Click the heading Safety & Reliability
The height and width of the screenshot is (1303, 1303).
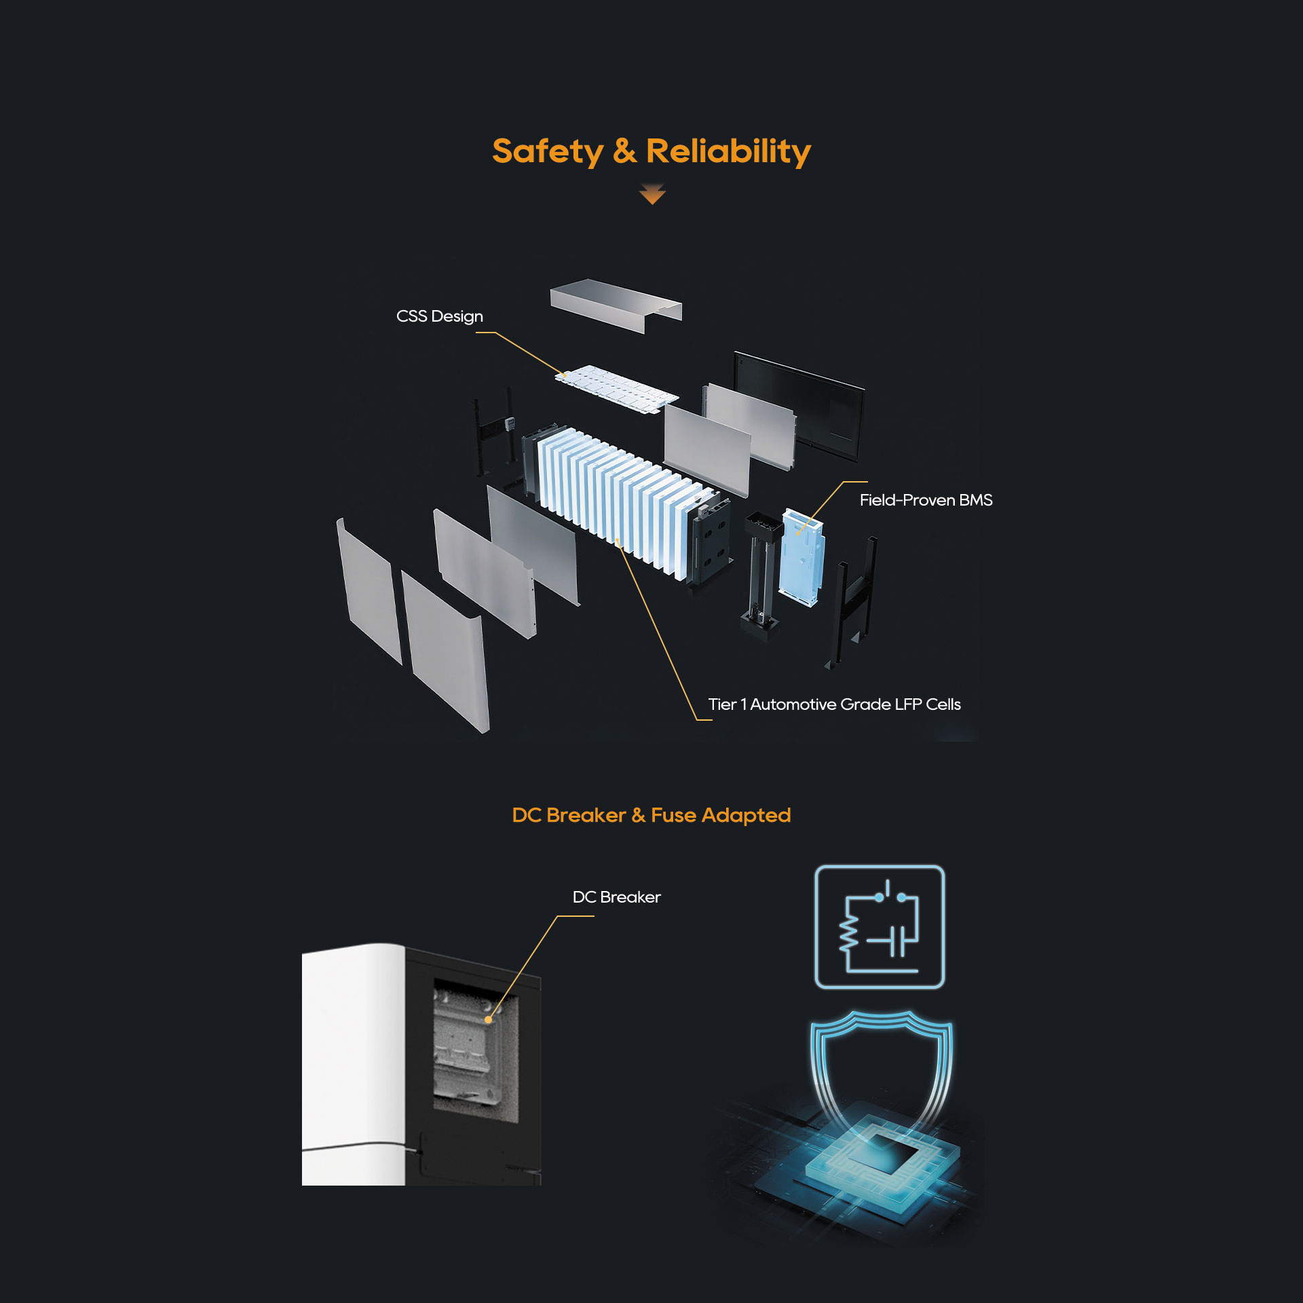pos(651,151)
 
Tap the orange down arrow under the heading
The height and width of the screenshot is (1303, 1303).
pos(652,195)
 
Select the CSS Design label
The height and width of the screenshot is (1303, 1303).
pos(439,316)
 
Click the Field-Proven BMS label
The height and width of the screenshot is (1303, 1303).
pos(926,500)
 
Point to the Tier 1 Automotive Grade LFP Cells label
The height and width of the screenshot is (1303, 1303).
pos(834,704)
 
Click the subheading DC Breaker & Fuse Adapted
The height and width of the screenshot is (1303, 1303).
pos(651,815)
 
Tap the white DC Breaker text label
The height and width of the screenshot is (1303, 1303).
pos(616,897)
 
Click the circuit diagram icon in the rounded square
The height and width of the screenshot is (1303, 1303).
pos(880,927)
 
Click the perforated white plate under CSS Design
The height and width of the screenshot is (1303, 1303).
pos(616,388)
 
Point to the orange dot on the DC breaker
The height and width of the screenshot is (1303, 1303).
pos(488,1019)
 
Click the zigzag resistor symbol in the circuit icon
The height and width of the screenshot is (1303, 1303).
pos(848,935)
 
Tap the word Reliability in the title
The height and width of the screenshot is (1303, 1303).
pos(728,151)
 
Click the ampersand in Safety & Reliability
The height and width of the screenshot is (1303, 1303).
pos(624,151)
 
